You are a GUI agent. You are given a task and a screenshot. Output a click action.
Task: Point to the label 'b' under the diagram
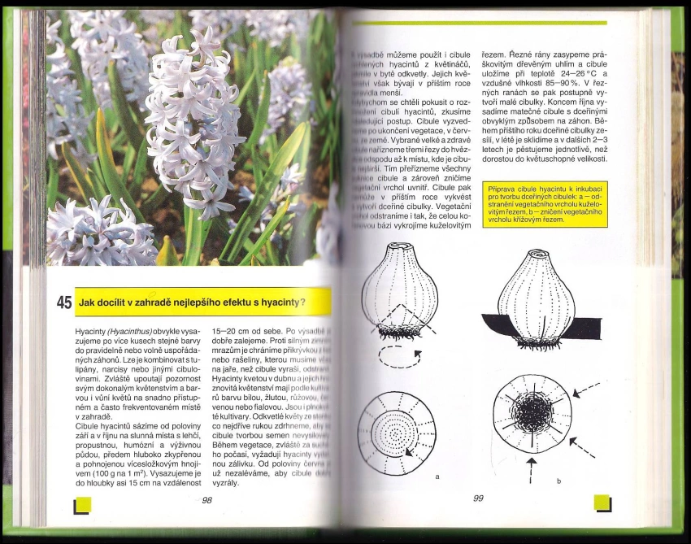pyautogui.click(x=559, y=481)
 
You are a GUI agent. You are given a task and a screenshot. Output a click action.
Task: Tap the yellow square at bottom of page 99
pyautogui.click(x=602, y=503)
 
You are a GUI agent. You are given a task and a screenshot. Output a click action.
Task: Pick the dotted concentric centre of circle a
pyautogui.click(x=397, y=432)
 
